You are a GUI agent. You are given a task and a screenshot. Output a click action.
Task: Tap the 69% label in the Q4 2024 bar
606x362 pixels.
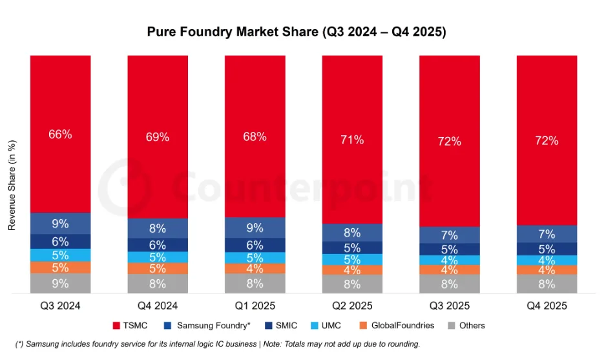[x=158, y=137]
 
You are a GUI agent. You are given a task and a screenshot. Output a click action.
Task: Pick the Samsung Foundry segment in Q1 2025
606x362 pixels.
[x=255, y=227]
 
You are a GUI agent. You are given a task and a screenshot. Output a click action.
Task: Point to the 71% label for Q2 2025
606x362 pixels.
[x=352, y=140]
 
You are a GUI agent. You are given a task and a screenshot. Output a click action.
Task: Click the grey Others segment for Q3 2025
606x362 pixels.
[x=450, y=284]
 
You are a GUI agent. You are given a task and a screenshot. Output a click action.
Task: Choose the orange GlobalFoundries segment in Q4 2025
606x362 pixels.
[x=547, y=270]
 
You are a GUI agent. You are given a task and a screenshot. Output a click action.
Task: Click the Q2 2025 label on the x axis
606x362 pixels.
[x=352, y=305]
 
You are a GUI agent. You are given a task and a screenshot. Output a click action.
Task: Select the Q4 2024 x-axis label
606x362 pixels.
[x=158, y=305]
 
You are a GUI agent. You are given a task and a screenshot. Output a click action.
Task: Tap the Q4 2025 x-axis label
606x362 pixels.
[x=547, y=305]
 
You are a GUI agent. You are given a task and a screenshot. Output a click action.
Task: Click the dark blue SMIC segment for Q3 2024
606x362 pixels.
[x=60, y=241]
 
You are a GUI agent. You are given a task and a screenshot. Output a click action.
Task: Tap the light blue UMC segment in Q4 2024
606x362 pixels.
[x=158, y=257]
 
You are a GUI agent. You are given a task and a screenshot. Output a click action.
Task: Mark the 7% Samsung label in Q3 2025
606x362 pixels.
[x=450, y=235]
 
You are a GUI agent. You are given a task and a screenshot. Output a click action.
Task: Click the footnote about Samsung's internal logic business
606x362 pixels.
[x=218, y=344]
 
